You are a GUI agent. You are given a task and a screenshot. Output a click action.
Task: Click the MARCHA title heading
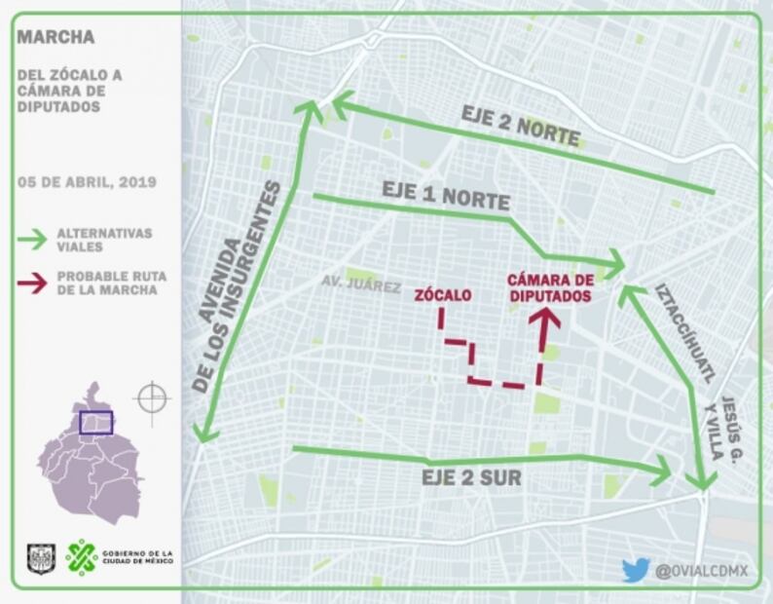(x=55, y=38)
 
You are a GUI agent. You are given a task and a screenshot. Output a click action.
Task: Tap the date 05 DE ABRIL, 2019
(x=88, y=182)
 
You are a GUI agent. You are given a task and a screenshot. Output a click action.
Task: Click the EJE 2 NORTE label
(x=521, y=125)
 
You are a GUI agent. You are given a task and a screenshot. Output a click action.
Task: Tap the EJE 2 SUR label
(x=471, y=478)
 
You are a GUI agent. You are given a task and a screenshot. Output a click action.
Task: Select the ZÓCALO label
(x=443, y=294)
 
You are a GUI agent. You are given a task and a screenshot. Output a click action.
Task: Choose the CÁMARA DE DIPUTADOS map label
(x=551, y=287)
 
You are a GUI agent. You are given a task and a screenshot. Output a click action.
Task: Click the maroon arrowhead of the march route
(x=544, y=318)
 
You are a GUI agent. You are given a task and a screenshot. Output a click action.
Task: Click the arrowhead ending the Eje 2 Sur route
(x=662, y=472)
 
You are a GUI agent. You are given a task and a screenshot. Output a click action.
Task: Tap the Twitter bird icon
(x=636, y=570)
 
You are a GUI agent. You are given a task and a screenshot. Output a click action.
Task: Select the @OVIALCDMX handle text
(x=701, y=571)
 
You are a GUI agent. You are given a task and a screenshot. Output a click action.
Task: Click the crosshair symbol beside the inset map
(x=153, y=398)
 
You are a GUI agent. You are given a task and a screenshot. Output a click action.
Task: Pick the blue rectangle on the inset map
(x=95, y=422)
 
